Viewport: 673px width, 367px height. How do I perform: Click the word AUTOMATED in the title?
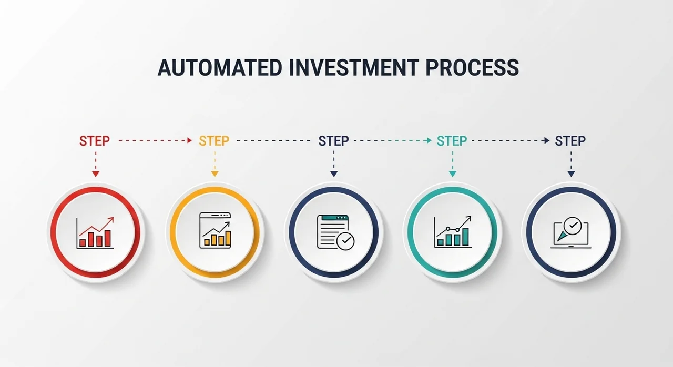(220, 68)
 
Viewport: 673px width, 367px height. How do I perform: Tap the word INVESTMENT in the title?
(354, 68)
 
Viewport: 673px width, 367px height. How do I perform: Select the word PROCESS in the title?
(472, 68)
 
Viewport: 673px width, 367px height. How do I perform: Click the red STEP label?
(95, 141)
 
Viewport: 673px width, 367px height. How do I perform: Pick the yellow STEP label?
(214, 141)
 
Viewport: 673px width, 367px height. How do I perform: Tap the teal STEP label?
(452, 141)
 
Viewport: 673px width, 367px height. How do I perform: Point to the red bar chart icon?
(95, 232)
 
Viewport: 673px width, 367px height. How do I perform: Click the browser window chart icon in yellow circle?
(215, 230)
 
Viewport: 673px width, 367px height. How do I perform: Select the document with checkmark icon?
(335, 232)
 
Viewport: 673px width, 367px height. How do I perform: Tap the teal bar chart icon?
(453, 231)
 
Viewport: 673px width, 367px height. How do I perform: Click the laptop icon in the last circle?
(571, 233)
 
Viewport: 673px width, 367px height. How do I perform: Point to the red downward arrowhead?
(96, 174)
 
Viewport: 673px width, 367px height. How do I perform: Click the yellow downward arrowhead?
(215, 174)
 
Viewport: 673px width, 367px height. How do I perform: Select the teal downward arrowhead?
(453, 174)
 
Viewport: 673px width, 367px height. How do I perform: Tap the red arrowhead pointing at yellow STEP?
(190, 140)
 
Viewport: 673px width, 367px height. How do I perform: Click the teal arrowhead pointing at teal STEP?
(430, 140)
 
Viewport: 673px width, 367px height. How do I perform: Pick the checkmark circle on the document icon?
(345, 241)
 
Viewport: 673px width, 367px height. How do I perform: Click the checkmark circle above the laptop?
(573, 226)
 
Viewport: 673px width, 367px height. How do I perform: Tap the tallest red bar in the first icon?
(108, 238)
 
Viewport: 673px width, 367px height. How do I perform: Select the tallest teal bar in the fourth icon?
(465, 237)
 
